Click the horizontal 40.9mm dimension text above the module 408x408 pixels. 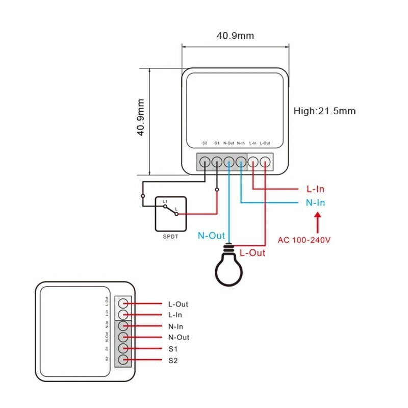pos(235,36)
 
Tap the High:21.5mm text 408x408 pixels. pos(324,111)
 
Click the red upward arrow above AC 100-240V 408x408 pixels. pos(317,222)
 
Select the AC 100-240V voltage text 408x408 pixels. pos(304,239)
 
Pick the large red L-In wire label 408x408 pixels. pos(315,189)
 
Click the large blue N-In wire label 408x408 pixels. pos(315,202)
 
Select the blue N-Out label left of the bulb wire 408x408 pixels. pos(211,236)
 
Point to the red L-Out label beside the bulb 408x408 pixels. pos(252,252)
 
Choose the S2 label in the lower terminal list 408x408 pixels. pos(173,361)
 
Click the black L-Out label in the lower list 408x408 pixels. pos(178,304)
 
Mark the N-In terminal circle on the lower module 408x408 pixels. pos(122,326)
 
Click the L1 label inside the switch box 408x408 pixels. pos(165,202)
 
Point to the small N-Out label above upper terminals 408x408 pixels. pos(228,143)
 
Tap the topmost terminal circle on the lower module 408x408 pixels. pos(122,303)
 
